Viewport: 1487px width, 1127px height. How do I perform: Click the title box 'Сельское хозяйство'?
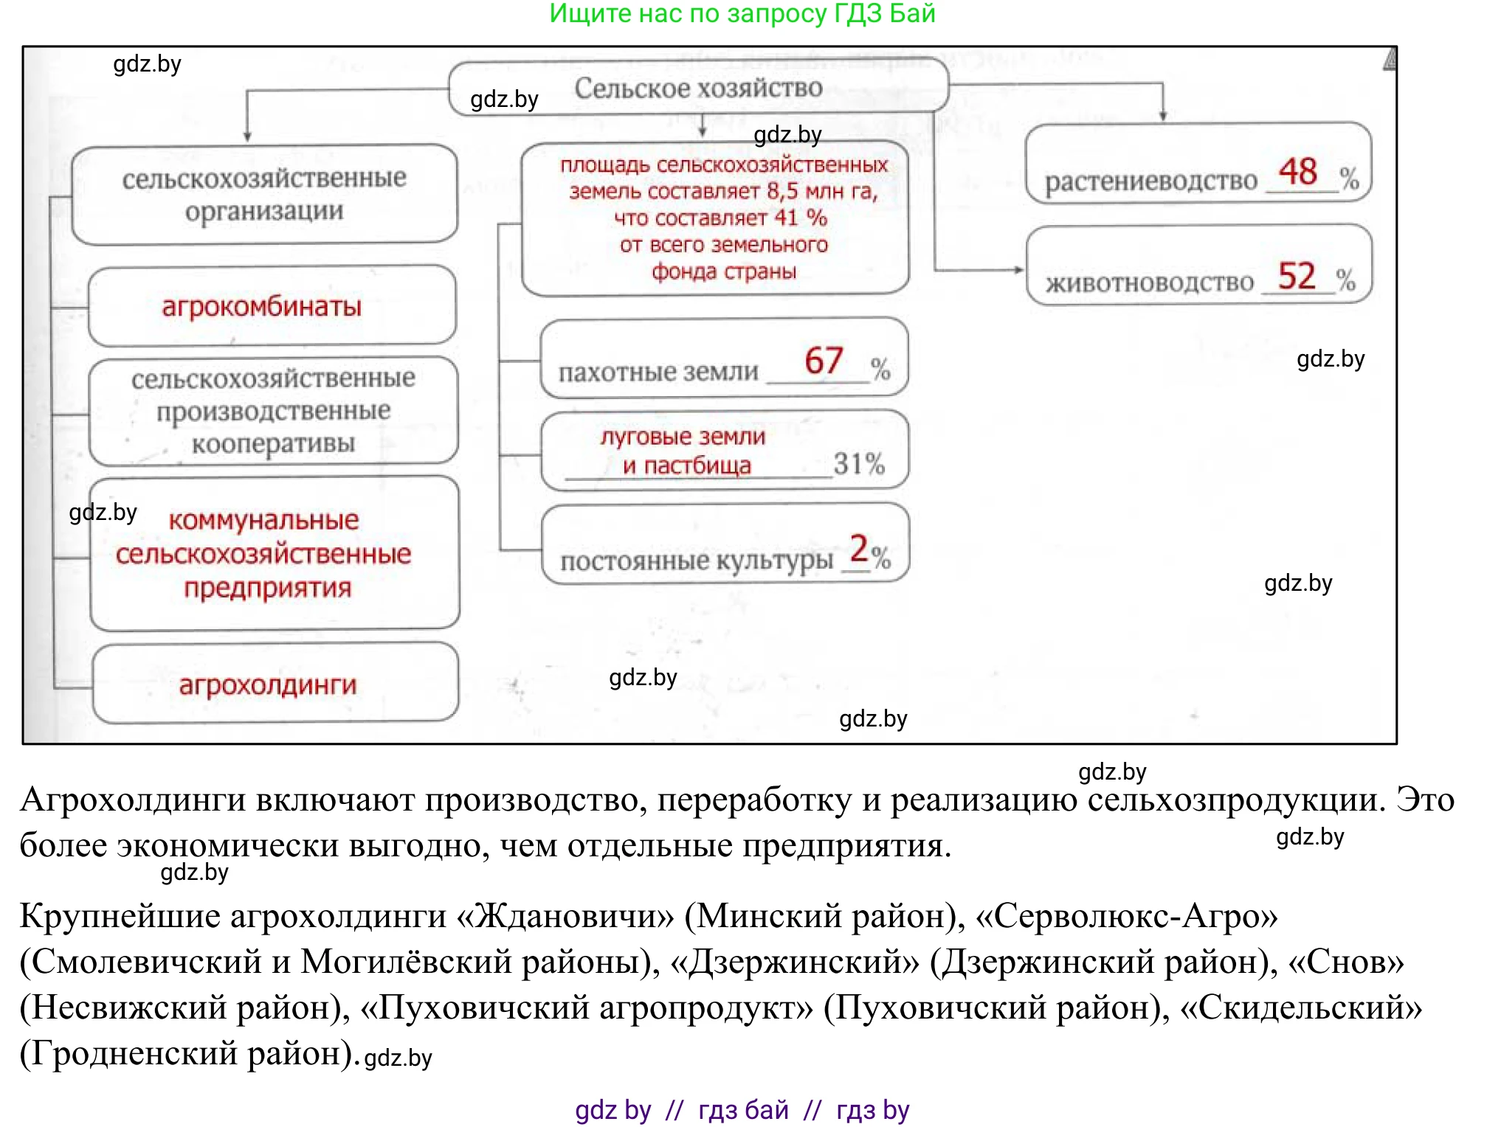tap(698, 89)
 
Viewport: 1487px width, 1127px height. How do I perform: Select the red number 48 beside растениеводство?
tap(1298, 172)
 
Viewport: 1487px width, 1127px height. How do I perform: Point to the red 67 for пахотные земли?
tap(824, 361)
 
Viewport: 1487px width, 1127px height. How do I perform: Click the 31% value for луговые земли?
tap(858, 464)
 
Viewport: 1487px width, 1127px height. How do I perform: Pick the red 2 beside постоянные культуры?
tap(859, 549)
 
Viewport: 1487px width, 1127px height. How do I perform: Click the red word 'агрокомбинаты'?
tap(262, 306)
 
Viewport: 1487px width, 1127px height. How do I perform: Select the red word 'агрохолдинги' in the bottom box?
tap(268, 685)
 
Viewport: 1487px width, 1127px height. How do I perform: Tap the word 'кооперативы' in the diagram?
tap(273, 444)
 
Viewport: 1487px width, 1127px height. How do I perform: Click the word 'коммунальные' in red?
tap(263, 520)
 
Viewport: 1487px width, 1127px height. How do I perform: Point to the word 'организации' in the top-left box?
tap(264, 212)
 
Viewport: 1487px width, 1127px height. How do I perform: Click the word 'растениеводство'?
tap(1150, 181)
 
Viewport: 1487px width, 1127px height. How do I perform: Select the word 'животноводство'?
tap(1150, 282)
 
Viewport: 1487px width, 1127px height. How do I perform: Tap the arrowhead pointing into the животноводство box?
tap(1019, 270)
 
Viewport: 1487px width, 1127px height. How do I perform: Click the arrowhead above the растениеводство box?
tap(1163, 116)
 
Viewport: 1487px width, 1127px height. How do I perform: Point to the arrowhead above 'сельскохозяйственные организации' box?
tap(247, 136)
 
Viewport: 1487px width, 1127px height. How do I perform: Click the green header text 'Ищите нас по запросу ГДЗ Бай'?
tap(742, 13)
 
